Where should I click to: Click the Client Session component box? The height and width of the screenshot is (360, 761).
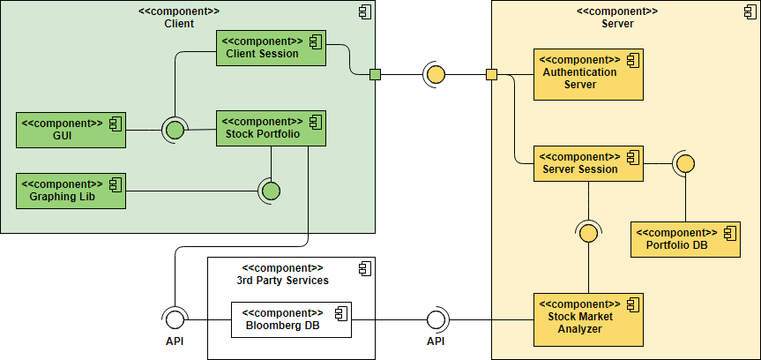[x=271, y=48]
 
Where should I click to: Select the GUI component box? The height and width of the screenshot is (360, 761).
[x=71, y=130]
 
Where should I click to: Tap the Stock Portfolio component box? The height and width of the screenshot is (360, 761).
[x=271, y=128]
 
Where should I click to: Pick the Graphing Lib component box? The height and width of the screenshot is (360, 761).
[x=71, y=191]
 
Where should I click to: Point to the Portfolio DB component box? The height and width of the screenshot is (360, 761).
[x=685, y=239]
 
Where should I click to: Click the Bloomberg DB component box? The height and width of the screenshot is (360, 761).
[x=291, y=319]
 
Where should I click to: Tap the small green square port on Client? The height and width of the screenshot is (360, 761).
[x=375, y=74]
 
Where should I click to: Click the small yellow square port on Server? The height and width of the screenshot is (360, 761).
[x=491, y=74]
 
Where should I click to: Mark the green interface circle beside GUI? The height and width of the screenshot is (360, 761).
[x=175, y=131]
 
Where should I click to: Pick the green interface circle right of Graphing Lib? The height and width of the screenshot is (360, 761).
[x=271, y=191]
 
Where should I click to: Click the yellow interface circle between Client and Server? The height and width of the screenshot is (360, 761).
[x=436, y=74]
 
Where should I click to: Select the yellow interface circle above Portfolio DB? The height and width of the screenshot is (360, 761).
[x=685, y=164]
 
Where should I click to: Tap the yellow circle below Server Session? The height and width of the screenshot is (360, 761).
[x=588, y=231]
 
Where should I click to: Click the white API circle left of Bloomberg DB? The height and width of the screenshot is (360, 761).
[x=175, y=319]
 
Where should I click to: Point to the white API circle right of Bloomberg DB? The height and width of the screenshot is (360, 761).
[x=436, y=319]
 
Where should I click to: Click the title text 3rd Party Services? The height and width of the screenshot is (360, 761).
[x=282, y=280]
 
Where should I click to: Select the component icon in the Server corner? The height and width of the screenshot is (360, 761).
[x=741, y=11]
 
